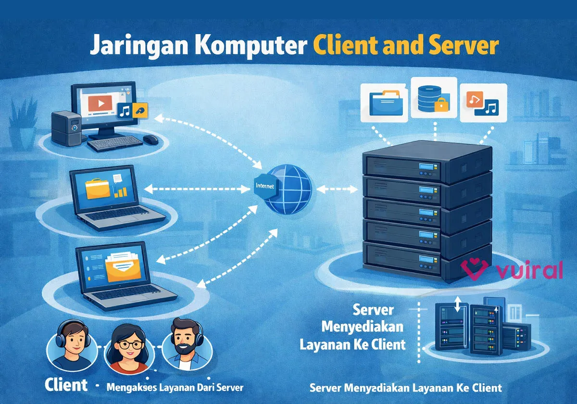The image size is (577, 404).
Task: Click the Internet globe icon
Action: click(x=287, y=189)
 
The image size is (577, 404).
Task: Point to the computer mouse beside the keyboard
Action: click(x=151, y=139)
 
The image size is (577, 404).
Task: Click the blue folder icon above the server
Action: click(x=387, y=102)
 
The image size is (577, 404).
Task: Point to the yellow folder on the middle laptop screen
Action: click(x=98, y=189)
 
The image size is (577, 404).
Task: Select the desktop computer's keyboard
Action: click(x=115, y=143)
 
